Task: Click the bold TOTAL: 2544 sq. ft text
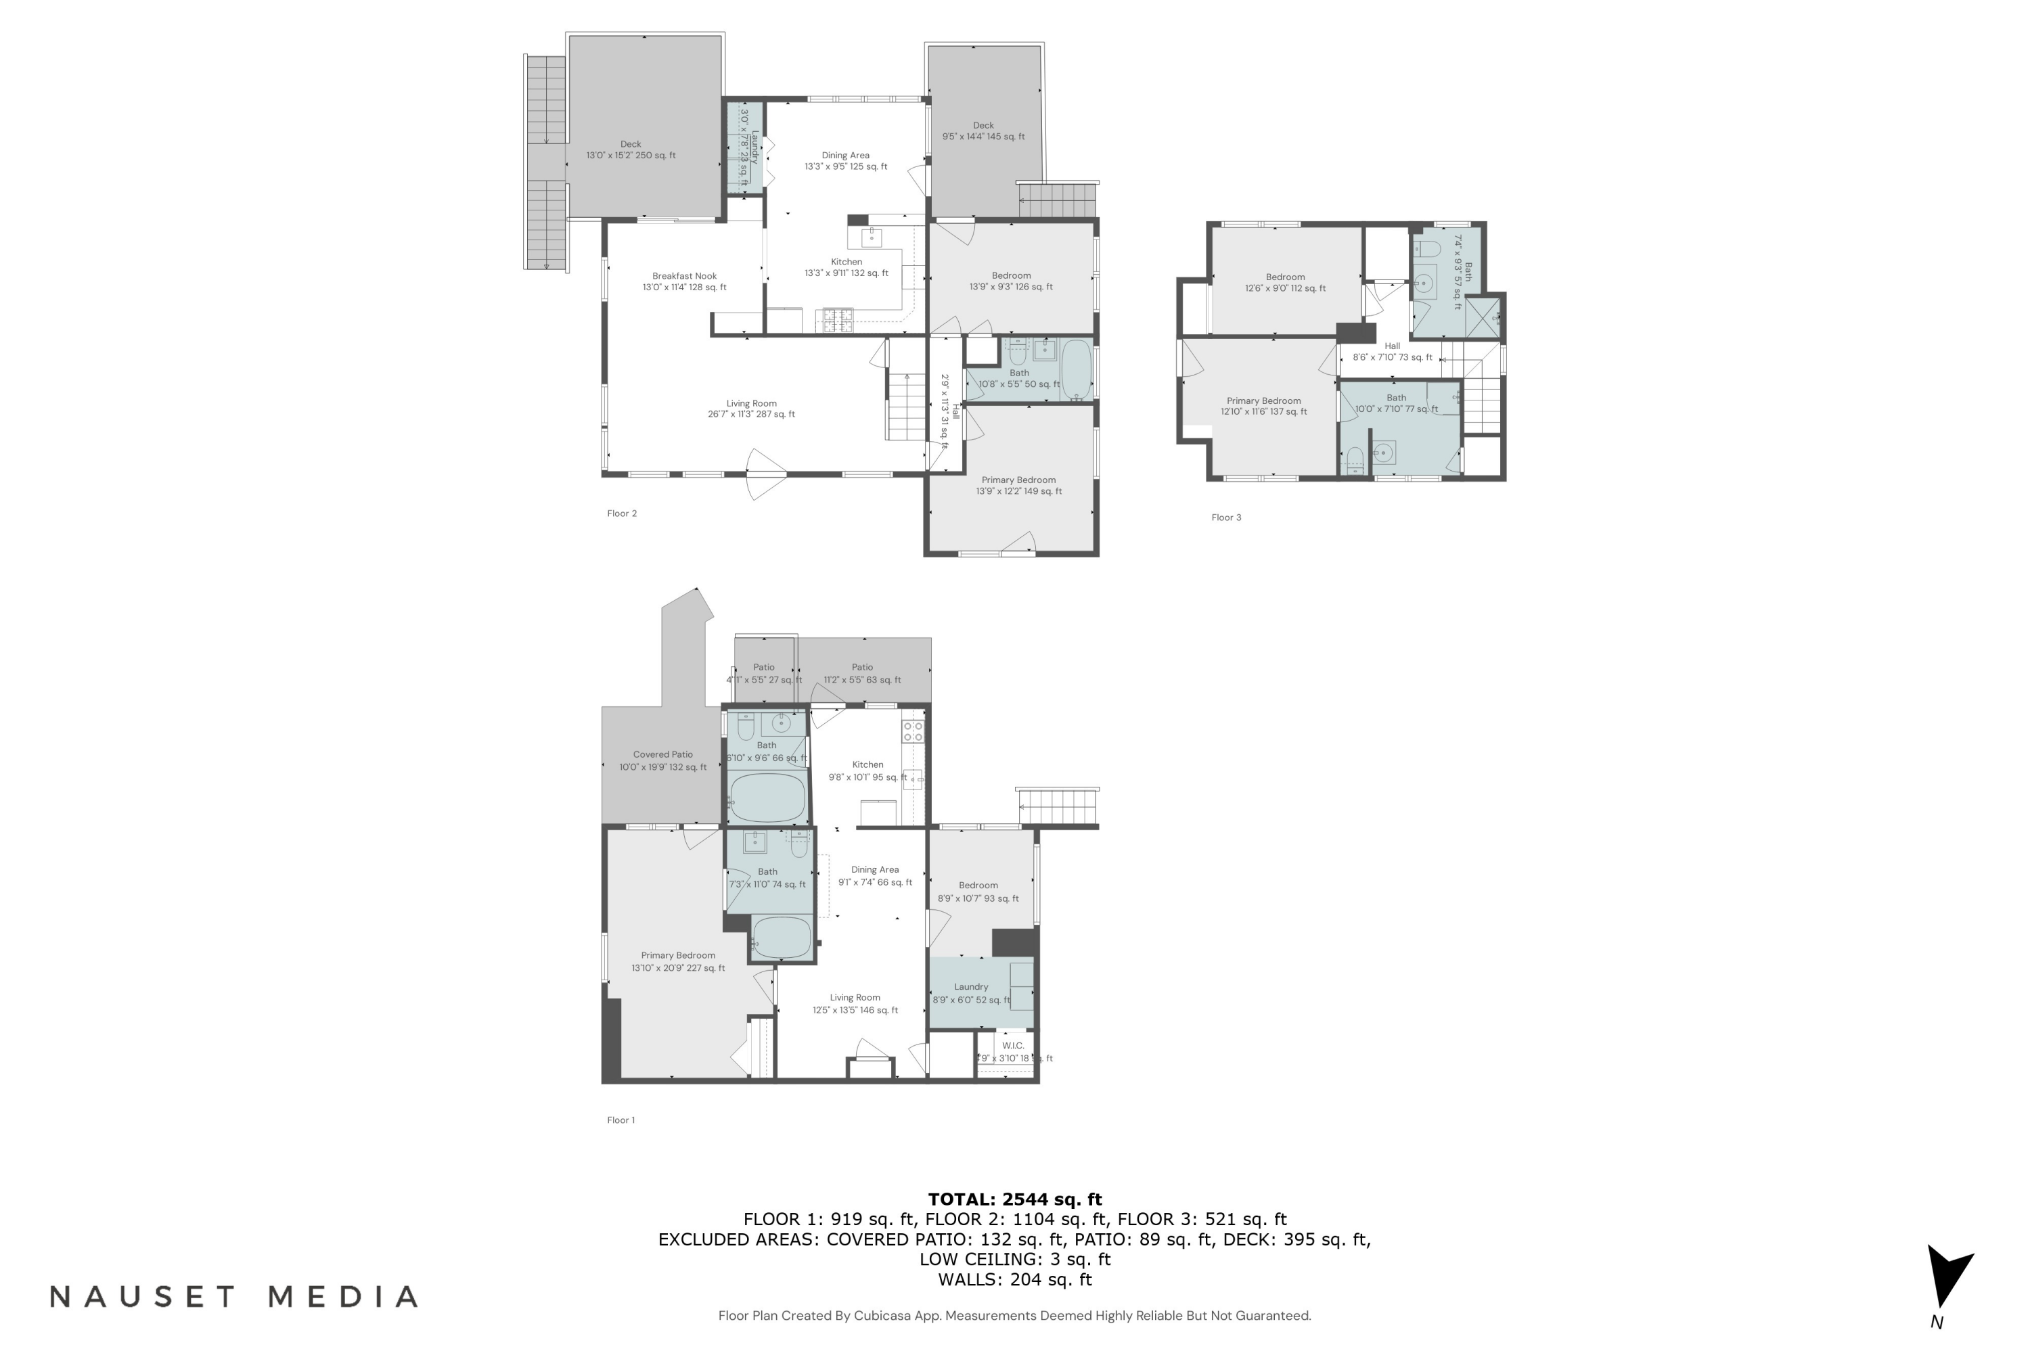[x=1014, y=1199]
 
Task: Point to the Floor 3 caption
[x=1225, y=518]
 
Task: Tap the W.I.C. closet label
[x=1013, y=1046]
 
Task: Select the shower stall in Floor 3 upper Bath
[x=1482, y=317]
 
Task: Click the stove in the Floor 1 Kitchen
[x=913, y=732]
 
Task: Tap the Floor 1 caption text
[x=621, y=1120]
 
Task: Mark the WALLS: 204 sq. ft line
[x=1014, y=1280]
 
